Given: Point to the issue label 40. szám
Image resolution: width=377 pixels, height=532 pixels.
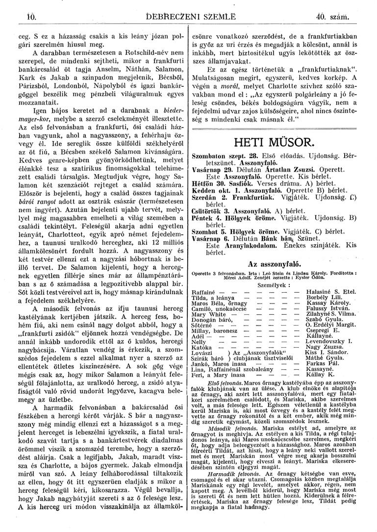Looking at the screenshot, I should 332,19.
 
